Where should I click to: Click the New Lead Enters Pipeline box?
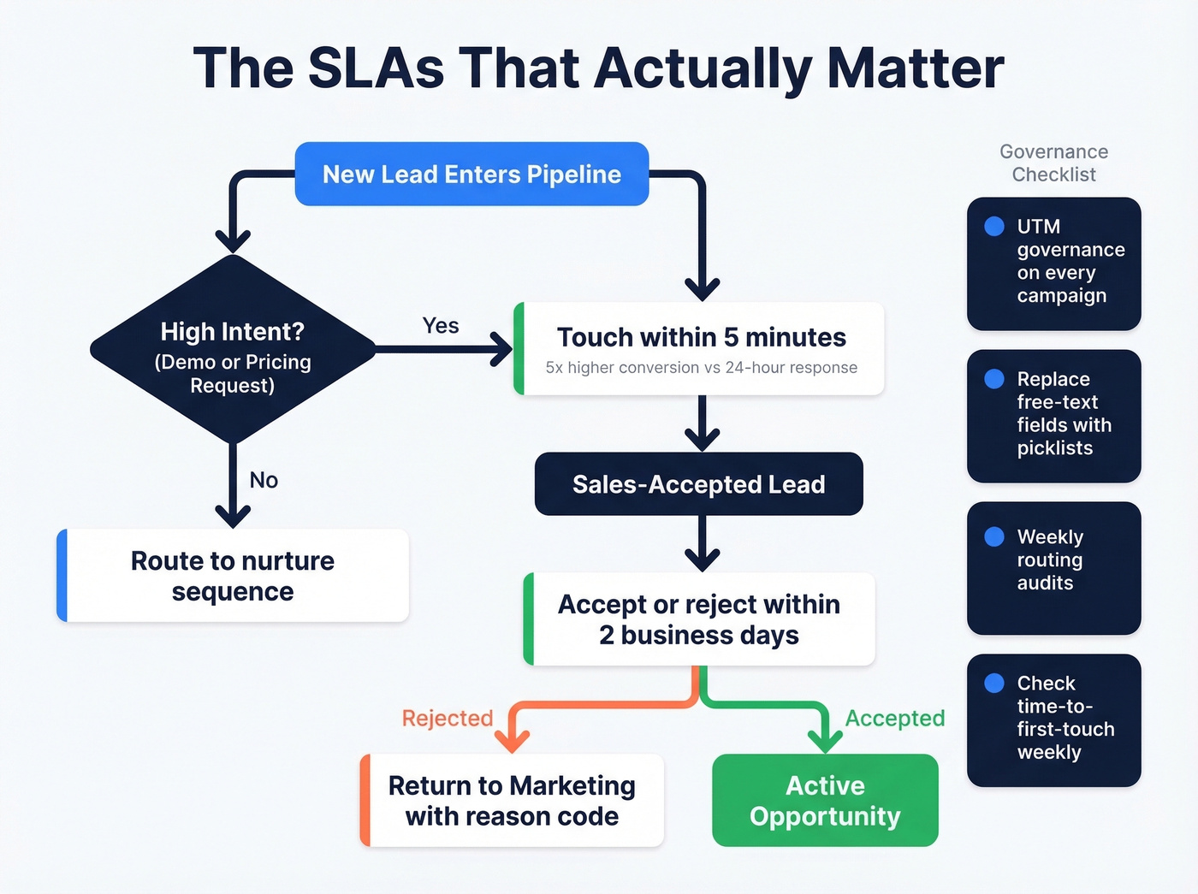pos(471,175)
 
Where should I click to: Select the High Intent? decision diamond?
pos(233,350)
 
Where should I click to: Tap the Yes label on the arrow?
pos(441,326)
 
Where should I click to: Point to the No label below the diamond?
pos(264,480)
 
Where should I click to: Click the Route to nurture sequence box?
pos(233,576)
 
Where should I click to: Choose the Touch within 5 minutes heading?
pos(701,338)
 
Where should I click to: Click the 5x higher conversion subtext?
pos(701,368)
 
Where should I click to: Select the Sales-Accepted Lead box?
pos(698,484)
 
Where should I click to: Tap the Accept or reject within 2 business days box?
pos(698,619)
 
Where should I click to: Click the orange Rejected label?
pos(448,718)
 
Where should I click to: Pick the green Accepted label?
pos(895,718)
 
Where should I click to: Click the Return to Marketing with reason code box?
pos(512,801)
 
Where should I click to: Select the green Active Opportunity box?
pos(825,801)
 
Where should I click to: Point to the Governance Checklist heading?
pos(1053,163)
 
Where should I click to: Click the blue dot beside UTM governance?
pos(994,227)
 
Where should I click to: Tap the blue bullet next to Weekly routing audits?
pos(994,536)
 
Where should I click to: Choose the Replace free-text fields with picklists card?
pos(1053,416)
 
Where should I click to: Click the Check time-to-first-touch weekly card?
pos(1053,720)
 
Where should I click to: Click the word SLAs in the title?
pos(376,68)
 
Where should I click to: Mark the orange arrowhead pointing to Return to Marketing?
pos(512,740)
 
